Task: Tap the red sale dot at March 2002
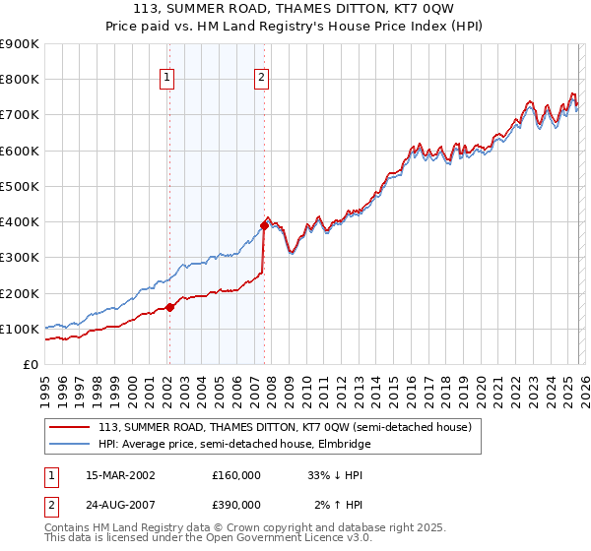169,307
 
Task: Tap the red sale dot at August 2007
264,224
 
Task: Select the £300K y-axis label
20,258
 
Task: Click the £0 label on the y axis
30,364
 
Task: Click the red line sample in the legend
70,427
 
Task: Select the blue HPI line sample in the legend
70,444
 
